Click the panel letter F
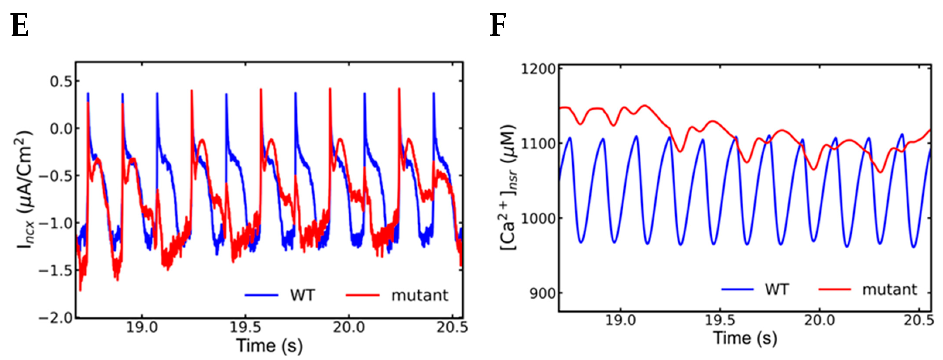click(498, 25)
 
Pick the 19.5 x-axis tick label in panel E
click(245, 327)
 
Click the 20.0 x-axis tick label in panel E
click(349, 327)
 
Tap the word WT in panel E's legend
click(302, 295)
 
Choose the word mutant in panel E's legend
click(419, 295)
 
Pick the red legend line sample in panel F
click(835, 289)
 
